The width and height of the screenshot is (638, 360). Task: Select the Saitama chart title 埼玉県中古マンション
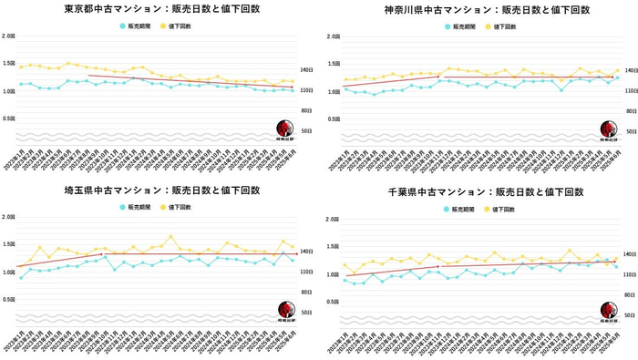point(159,190)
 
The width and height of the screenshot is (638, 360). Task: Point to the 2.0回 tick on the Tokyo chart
point(8,36)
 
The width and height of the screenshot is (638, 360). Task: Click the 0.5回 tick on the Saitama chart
point(8,299)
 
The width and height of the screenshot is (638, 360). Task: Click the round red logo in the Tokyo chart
point(285,129)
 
